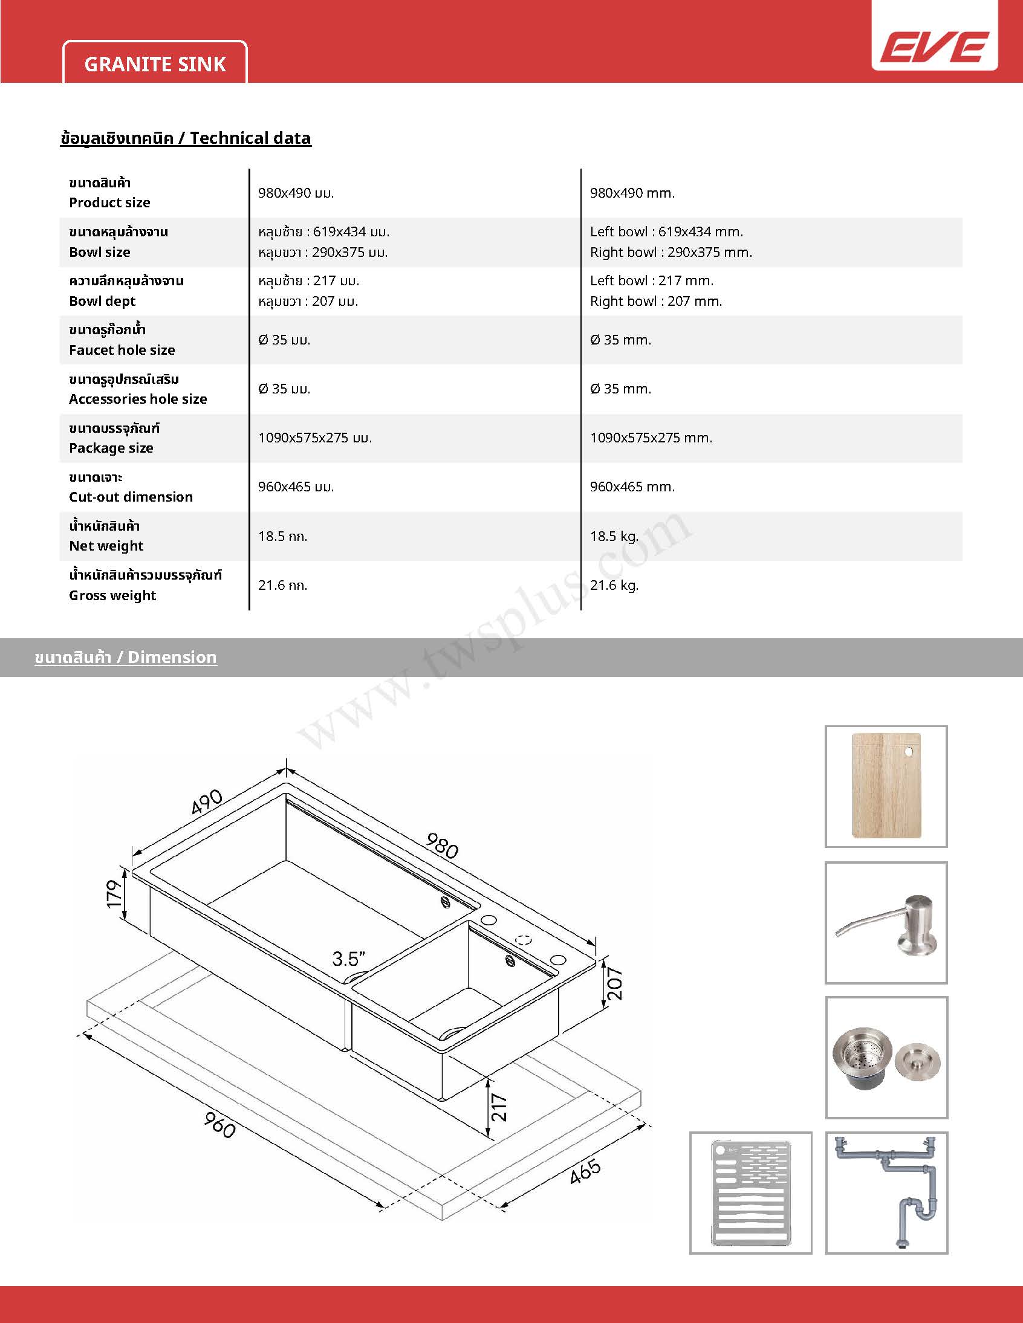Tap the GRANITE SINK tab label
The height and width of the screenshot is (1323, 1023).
[155, 64]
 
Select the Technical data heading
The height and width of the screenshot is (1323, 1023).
[186, 138]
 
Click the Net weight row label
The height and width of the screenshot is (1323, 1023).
[106, 546]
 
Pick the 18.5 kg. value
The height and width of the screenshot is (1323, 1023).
[614, 536]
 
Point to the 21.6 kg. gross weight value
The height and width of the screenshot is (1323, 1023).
[614, 585]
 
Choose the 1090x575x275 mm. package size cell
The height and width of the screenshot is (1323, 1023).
[651, 438]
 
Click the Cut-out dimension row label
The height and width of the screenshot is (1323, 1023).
[131, 497]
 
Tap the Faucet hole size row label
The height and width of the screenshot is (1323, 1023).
[122, 349]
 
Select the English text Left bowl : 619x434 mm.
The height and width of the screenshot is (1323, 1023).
[666, 231]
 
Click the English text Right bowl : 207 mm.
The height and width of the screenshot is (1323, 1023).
[656, 301]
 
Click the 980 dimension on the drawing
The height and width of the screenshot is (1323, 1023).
[443, 846]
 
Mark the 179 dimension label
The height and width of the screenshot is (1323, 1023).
[114, 893]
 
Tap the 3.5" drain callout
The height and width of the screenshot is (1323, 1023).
[348, 959]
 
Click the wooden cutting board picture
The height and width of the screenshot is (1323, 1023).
[886, 786]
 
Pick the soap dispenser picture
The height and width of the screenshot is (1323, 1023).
[886, 922]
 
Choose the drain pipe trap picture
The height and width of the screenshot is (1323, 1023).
[886, 1192]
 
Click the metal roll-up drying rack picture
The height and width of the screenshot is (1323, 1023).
[750, 1192]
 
